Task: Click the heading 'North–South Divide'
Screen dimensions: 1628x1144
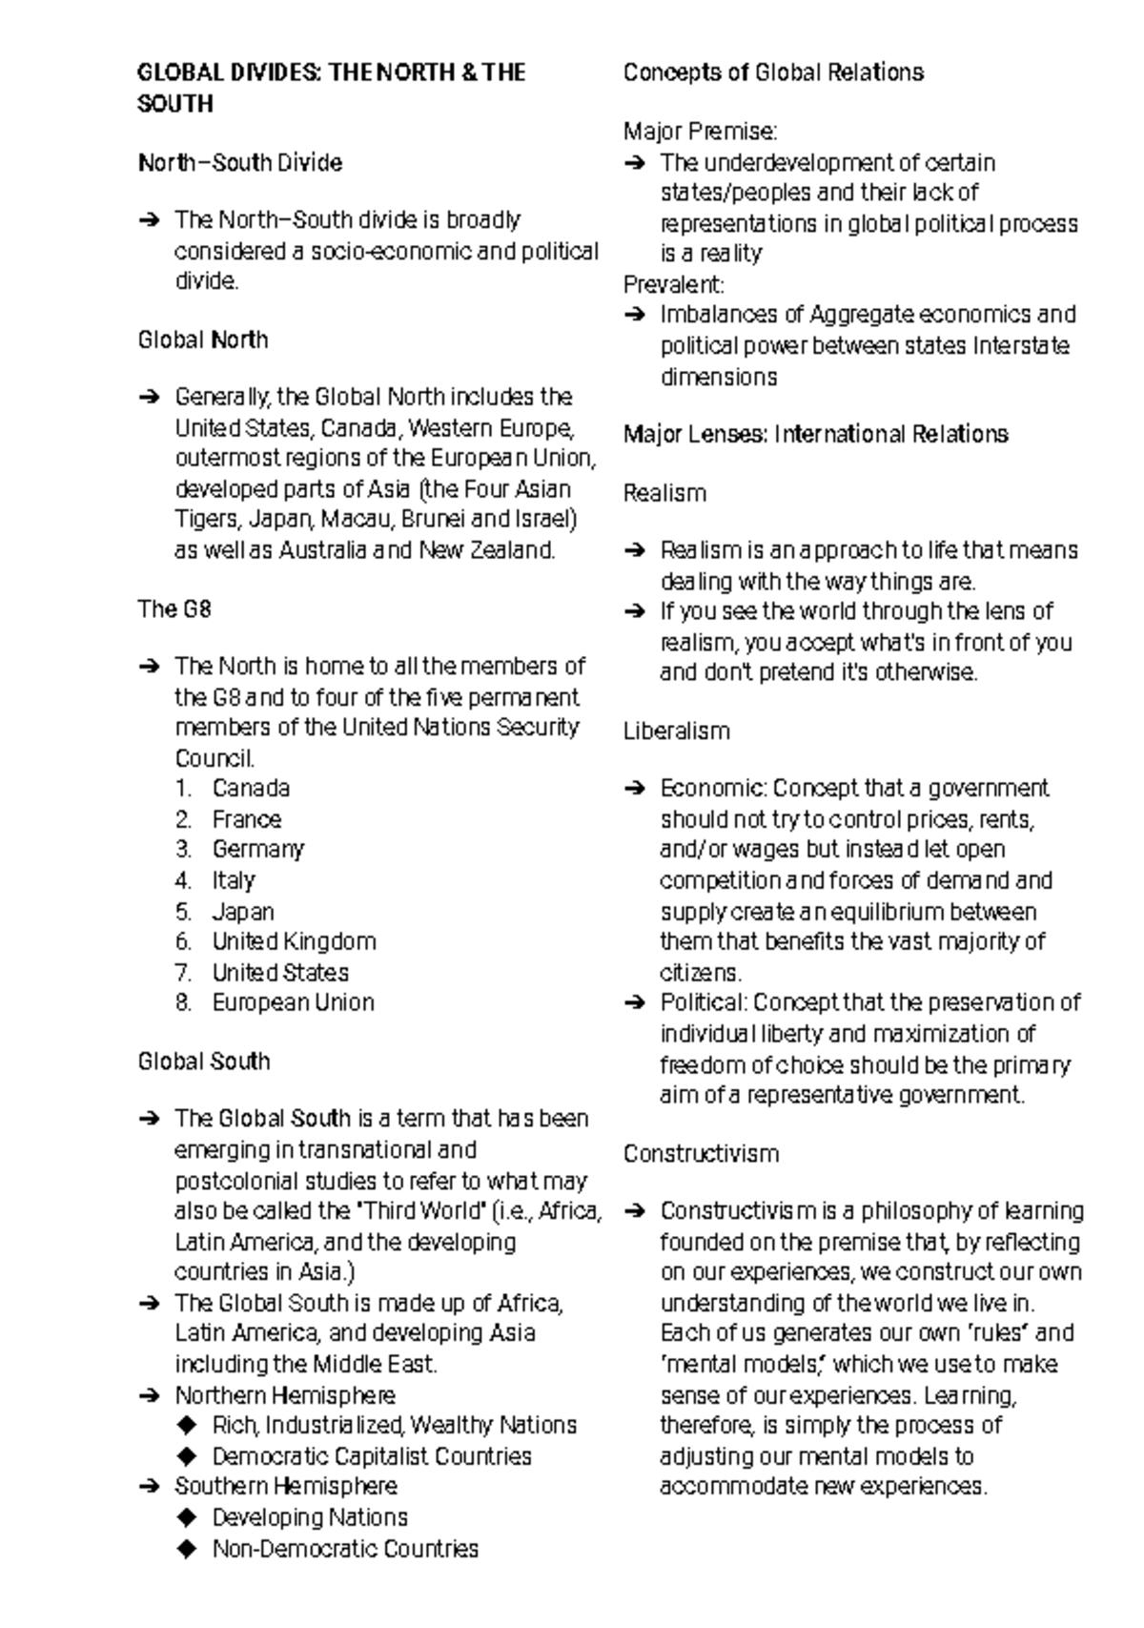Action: (x=239, y=163)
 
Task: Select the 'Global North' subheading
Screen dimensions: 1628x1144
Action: (x=203, y=340)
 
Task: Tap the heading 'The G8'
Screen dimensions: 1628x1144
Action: (x=174, y=609)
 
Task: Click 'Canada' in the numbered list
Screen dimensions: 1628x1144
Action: (x=251, y=789)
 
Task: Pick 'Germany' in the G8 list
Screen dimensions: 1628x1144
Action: (x=257, y=850)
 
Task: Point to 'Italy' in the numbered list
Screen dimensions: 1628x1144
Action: (x=234, y=880)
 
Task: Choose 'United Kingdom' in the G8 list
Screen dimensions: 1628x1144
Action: (x=294, y=942)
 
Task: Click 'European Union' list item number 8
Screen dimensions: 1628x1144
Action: (x=293, y=1003)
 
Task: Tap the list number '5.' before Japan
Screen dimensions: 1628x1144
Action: (x=184, y=912)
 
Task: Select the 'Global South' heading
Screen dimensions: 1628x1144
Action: (x=204, y=1061)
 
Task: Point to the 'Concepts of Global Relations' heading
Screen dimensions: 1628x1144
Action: (x=773, y=73)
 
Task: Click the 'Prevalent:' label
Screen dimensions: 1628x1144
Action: (x=674, y=285)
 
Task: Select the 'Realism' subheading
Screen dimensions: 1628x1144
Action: (x=664, y=494)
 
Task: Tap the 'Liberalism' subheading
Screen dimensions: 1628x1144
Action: (x=676, y=732)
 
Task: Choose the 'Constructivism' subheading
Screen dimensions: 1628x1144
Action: (x=701, y=1154)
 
